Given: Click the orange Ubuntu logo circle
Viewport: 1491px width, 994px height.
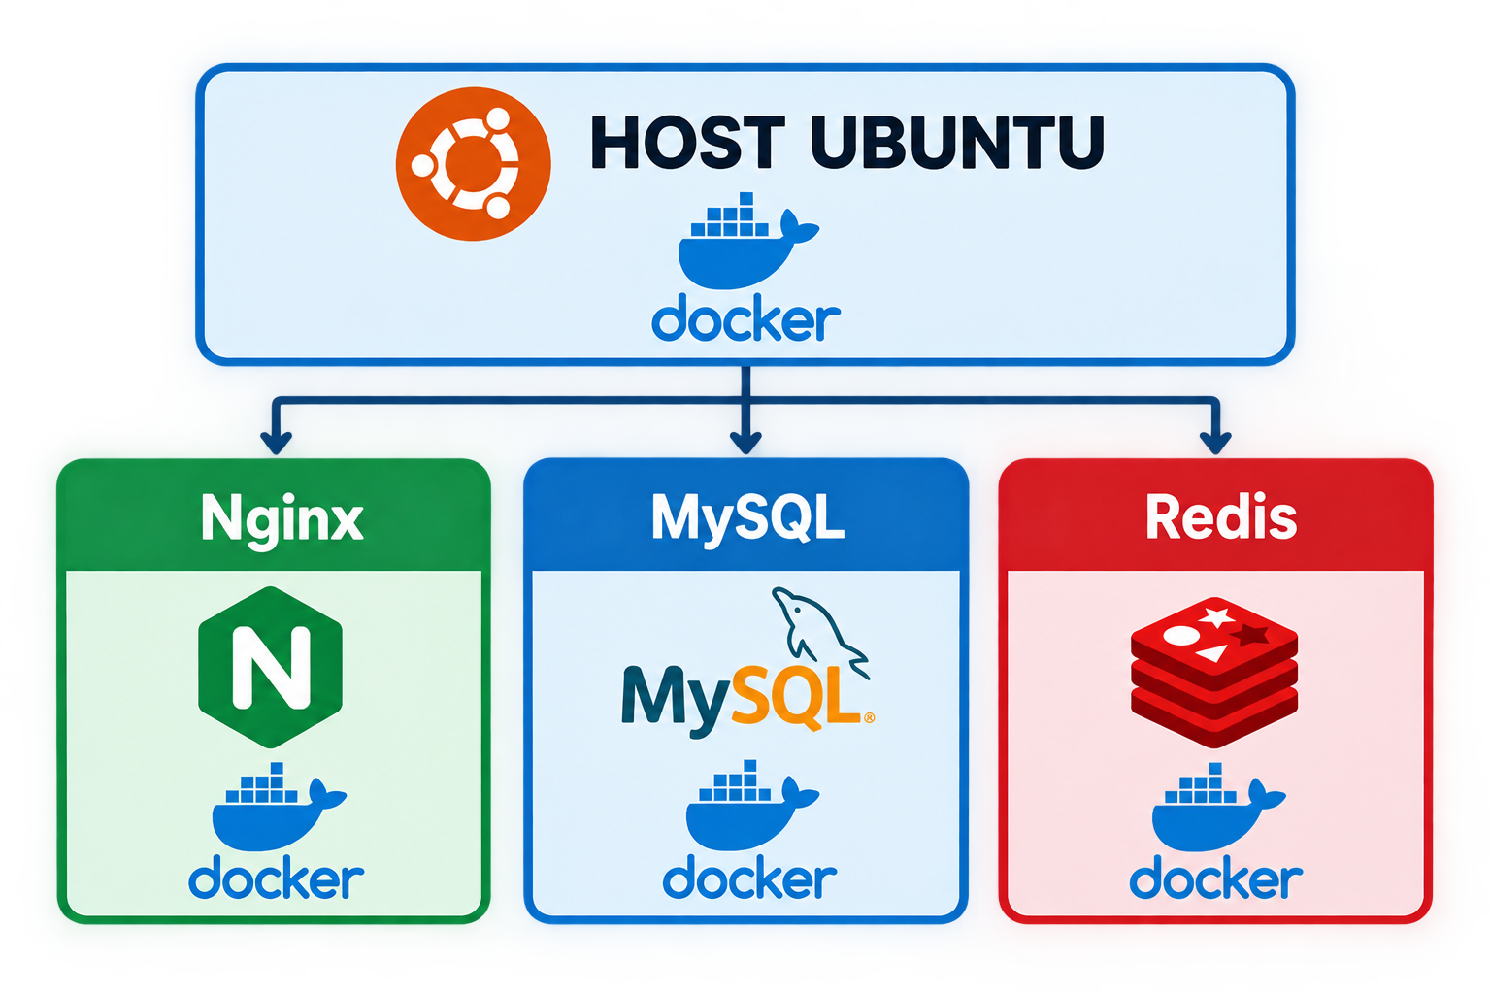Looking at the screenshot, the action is point(474,164).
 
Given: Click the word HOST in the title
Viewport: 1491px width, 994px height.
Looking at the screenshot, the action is point(688,142).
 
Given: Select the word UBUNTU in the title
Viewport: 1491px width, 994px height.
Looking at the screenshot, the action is point(957,142).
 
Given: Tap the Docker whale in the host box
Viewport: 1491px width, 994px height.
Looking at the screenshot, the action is point(746,241).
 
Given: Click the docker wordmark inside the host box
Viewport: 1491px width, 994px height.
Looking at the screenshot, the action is point(745,321).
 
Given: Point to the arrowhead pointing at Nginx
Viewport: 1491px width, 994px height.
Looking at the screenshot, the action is point(277,443).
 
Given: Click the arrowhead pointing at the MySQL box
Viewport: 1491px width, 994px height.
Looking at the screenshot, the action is point(745,443).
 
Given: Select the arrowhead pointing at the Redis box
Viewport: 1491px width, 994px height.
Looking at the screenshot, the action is point(1215,443).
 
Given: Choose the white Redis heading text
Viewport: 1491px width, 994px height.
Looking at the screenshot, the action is point(1221,516).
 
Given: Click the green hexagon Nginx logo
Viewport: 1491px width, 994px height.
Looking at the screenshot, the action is point(270,667).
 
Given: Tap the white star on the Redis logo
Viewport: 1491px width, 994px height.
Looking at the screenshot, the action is point(1217,616).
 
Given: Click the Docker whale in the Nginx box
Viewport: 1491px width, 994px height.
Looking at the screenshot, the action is point(279,807).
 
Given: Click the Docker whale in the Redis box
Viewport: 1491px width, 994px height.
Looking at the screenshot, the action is point(1218,807).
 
